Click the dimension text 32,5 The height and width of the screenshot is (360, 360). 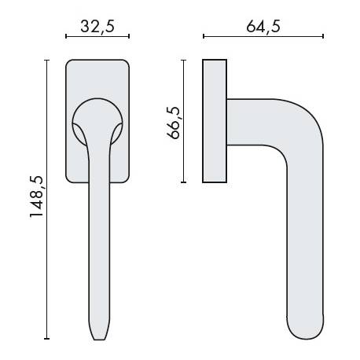pos(97,25)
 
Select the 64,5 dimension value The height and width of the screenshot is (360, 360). pos(263,25)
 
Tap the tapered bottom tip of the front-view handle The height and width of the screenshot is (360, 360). pos(97,334)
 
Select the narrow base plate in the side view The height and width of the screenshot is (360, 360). pos(215,120)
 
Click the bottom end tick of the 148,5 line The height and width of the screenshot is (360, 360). pos(47,340)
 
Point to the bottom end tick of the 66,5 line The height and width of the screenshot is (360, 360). pos(184,182)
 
